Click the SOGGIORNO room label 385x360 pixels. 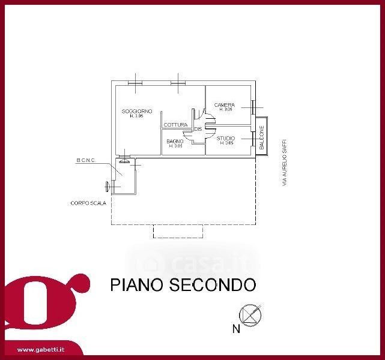point(136,111)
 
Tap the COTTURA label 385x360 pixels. point(175,125)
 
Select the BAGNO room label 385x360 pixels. point(175,142)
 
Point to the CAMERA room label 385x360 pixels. point(225,105)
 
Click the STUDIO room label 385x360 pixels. point(225,139)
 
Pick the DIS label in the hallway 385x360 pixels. point(198,130)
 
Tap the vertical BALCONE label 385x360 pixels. point(262,139)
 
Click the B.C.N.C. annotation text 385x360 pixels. point(86,160)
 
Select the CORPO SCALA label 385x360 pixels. point(88,203)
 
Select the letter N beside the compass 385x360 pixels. point(236,328)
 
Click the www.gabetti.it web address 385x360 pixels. point(41,349)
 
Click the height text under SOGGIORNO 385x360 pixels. point(136,116)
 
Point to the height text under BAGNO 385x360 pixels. point(175,146)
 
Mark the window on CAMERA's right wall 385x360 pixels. point(254,107)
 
